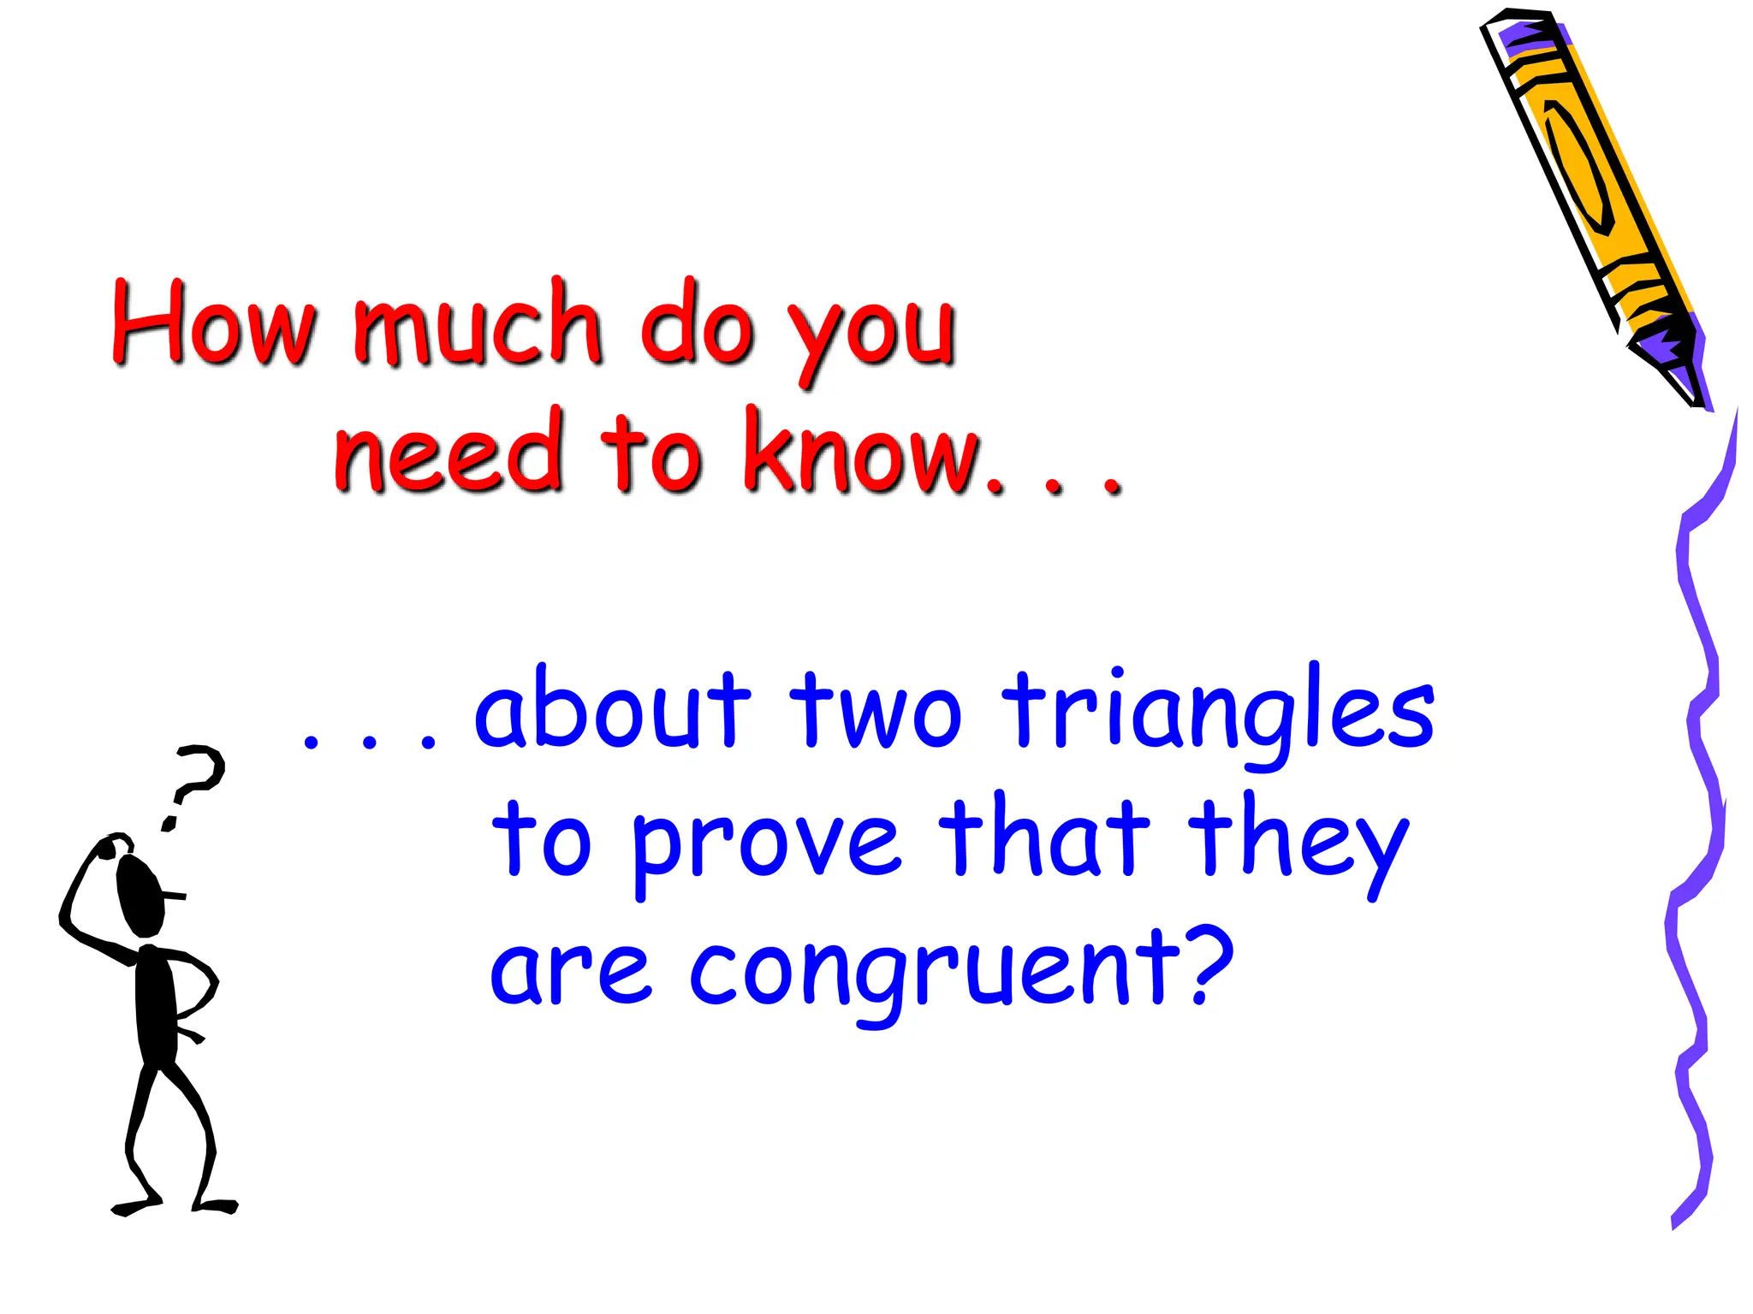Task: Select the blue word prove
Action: (x=766, y=843)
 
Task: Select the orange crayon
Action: (x=1584, y=171)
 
